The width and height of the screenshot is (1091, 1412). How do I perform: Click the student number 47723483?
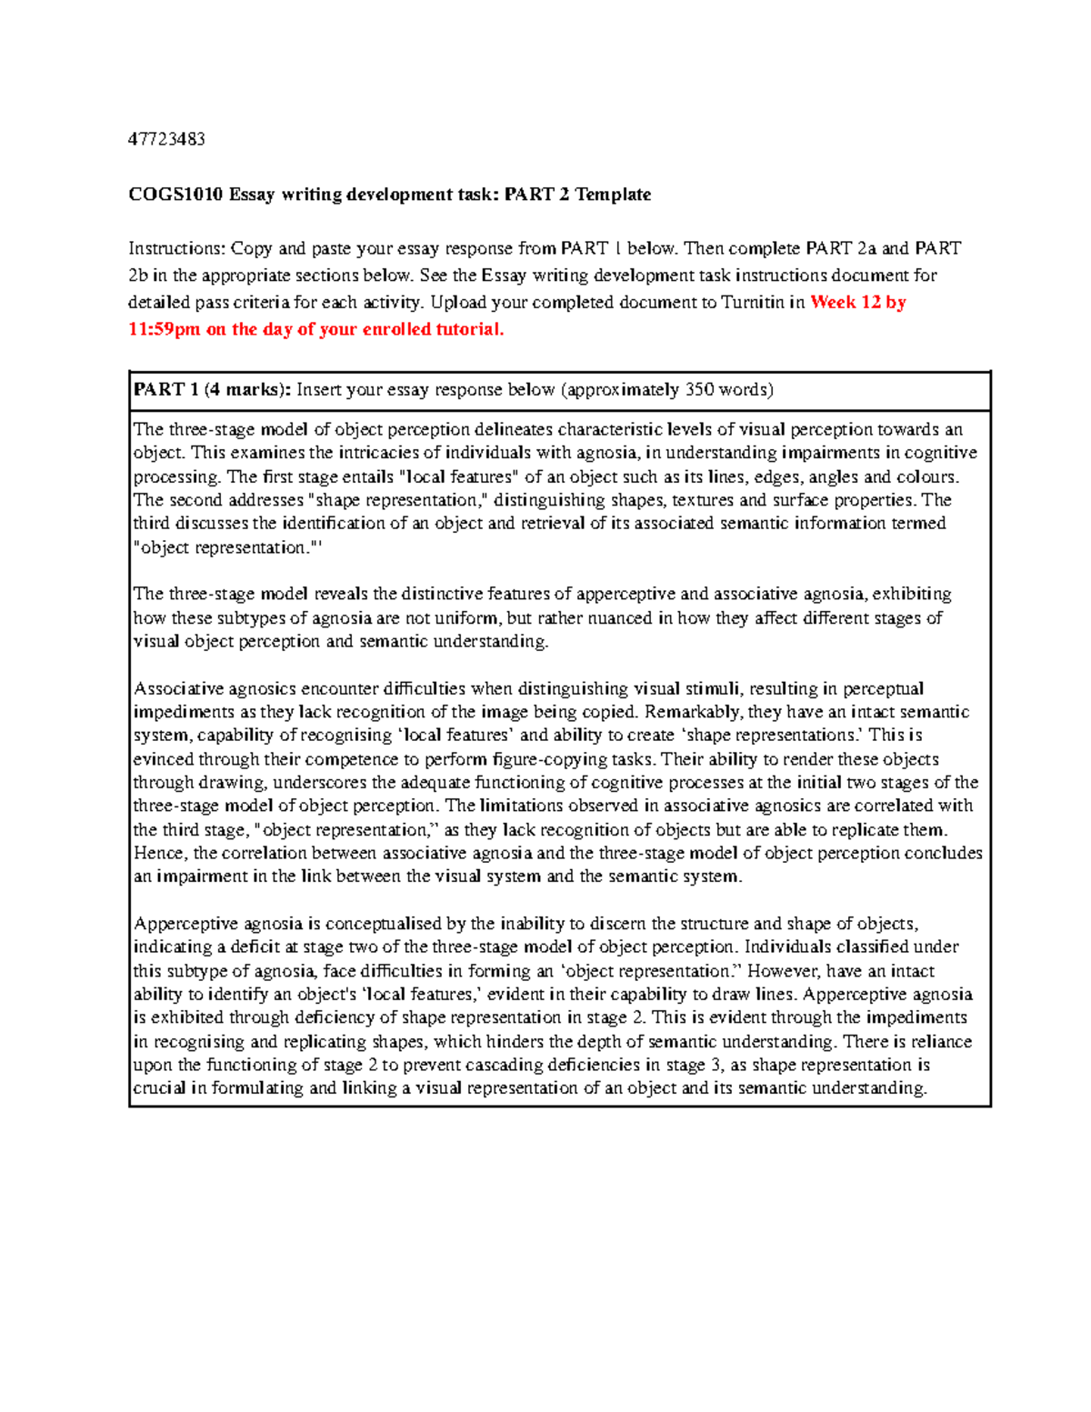166,139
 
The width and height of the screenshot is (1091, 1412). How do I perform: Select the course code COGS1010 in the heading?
175,195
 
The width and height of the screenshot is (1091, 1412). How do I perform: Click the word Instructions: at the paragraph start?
176,248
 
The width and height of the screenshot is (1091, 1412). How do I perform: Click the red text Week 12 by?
857,303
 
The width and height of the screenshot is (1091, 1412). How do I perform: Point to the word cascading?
481,1065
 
